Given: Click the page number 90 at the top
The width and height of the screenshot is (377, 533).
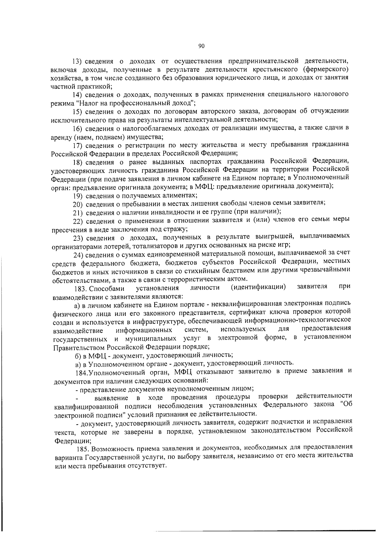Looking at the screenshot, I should click(x=201, y=46).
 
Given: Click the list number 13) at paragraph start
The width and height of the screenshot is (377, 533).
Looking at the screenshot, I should click(x=77, y=61).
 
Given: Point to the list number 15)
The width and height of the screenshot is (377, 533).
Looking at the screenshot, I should click(x=77, y=111).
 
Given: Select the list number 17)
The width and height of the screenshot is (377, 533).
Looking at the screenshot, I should click(x=77, y=145).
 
